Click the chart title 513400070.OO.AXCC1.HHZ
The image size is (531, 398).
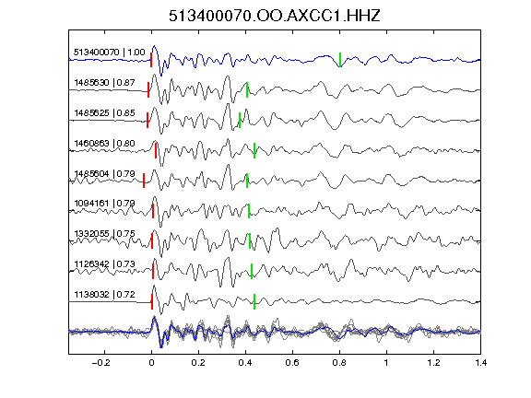coord(275,16)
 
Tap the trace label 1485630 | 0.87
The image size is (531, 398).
coord(105,83)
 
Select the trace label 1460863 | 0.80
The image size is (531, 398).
coord(105,144)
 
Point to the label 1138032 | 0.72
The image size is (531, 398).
coord(105,295)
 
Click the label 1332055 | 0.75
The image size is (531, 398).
coord(105,234)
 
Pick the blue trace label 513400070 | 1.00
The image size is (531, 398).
coord(110,53)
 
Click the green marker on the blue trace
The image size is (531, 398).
coord(340,60)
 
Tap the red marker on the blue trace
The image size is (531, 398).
coord(151,60)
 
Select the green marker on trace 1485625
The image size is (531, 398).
coord(240,120)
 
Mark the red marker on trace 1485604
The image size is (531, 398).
coord(144,181)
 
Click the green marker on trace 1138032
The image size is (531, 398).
coord(254,301)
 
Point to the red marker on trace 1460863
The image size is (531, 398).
coord(156,150)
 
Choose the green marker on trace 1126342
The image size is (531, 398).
coord(252,271)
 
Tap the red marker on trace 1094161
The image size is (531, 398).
coord(153,211)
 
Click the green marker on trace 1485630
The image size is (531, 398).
coord(247,89)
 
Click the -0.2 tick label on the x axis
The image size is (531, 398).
coord(101,363)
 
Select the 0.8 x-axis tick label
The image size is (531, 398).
coord(339,363)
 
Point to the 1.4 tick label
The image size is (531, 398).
coord(481,363)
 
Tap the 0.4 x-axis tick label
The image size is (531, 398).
coord(245,363)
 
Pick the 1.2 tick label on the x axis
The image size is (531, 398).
coord(434,363)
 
